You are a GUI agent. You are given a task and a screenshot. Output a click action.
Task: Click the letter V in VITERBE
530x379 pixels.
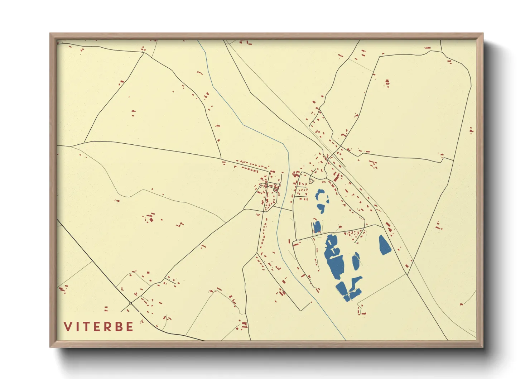coord(68,327)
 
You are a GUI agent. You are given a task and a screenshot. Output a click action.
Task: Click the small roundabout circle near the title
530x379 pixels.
coord(131,303)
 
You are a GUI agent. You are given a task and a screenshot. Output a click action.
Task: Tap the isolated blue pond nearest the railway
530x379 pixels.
coord(384,245)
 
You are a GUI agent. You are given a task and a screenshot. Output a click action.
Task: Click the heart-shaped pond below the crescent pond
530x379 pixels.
coord(321,208)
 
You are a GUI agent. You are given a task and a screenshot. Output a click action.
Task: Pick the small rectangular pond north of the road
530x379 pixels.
coord(317,227)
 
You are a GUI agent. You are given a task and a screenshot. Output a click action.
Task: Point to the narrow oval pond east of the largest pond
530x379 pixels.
coord(356,262)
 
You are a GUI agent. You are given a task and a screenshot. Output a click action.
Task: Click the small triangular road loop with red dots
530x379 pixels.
coord(312,182)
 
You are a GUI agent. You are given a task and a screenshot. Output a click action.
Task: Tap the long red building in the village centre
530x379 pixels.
coord(337,177)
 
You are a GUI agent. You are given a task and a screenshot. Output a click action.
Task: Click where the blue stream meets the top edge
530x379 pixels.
coord(198,40)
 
